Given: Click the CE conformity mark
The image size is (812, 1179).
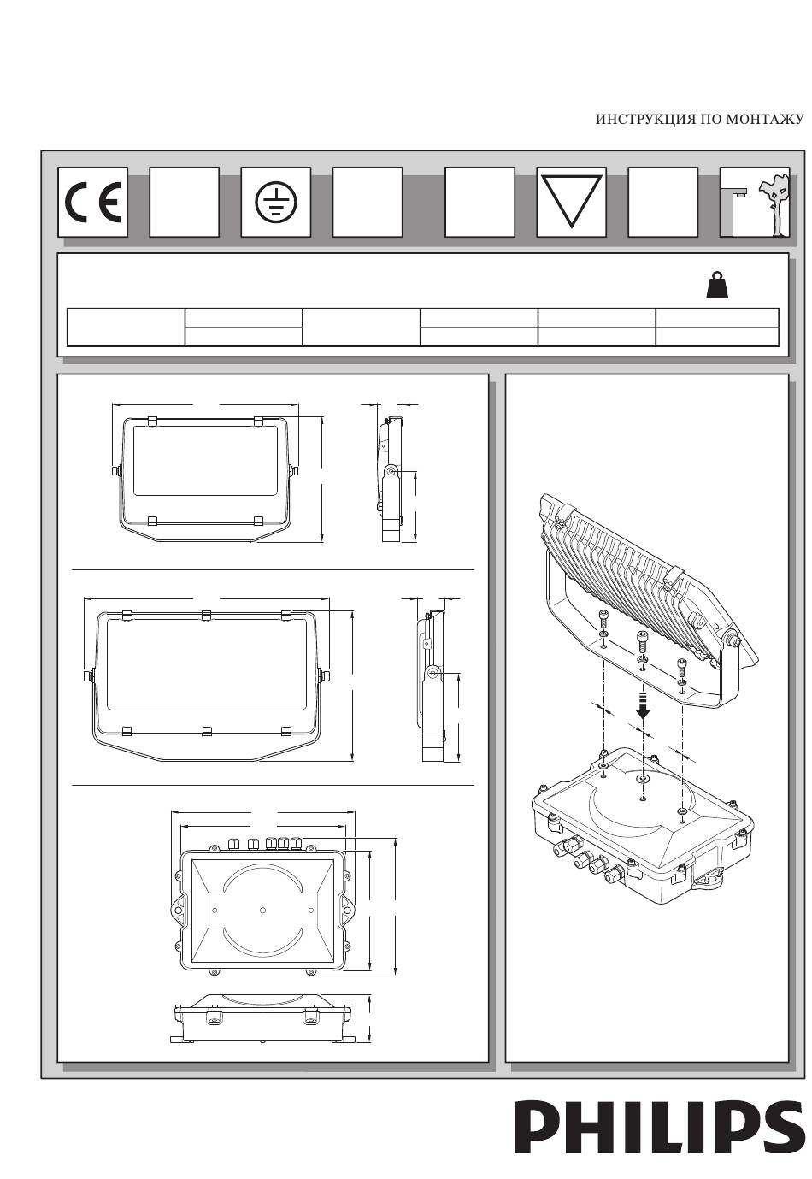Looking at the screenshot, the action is click(x=92, y=202).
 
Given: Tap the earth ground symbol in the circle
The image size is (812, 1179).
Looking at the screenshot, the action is click(x=276, y=202).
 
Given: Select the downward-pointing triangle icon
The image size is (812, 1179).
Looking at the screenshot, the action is click(x=571, y=201).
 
